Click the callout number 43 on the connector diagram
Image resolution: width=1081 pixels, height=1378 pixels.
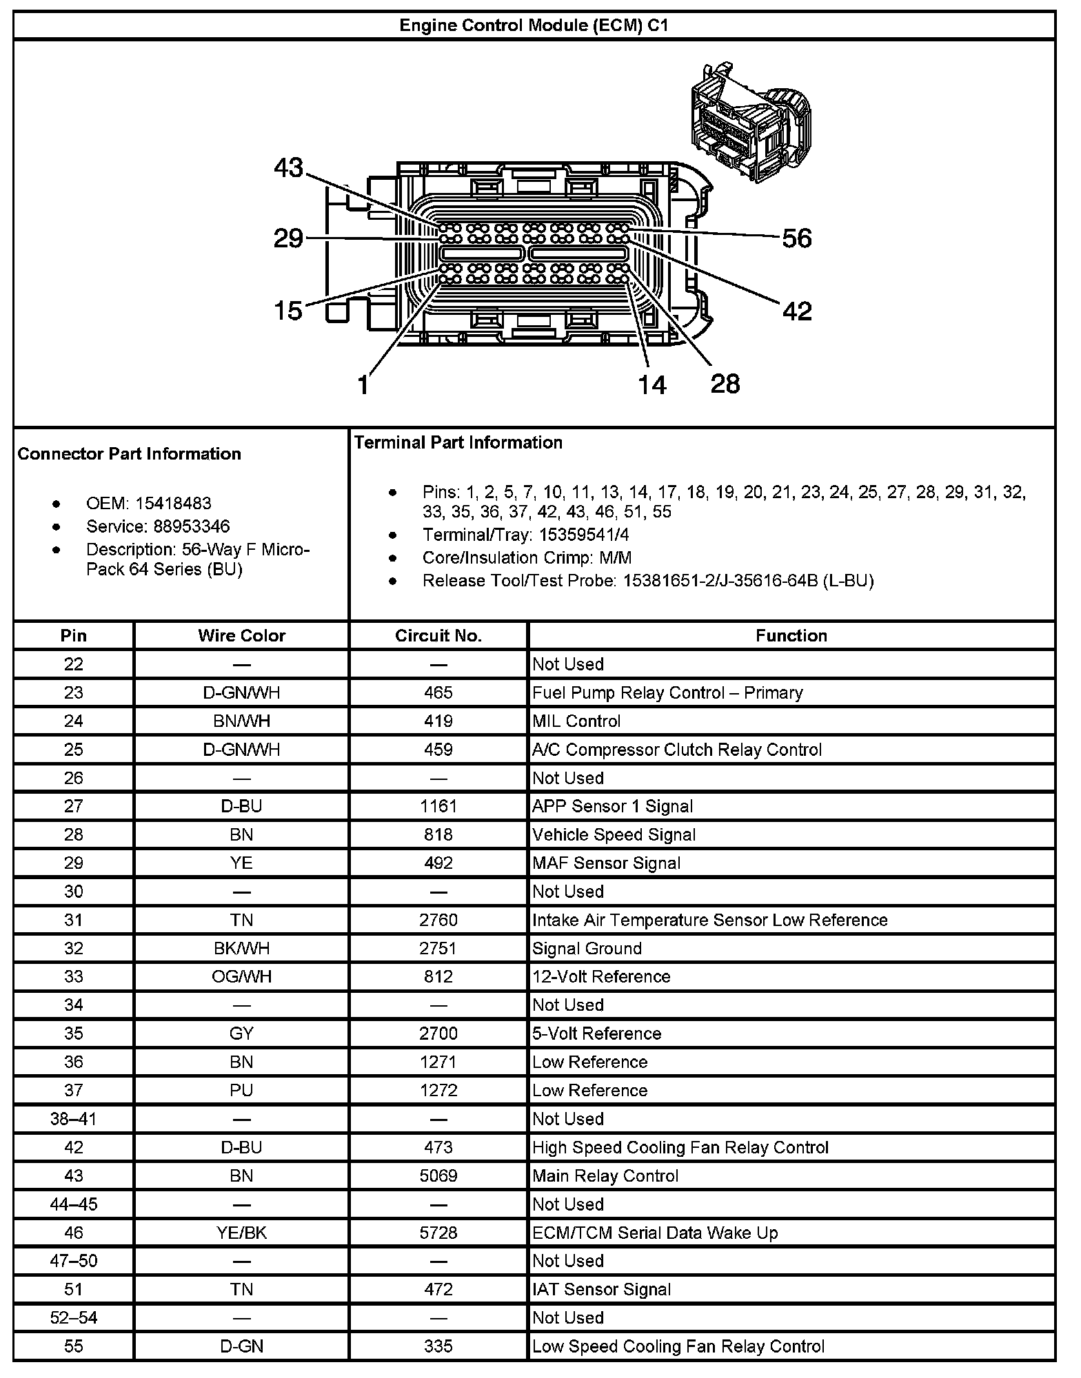tap(289, 167)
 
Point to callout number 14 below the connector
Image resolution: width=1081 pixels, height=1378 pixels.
tap(651, 384)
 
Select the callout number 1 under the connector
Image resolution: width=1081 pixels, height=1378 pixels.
tap(364, 384)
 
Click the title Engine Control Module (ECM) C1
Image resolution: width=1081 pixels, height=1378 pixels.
tap(534, 26)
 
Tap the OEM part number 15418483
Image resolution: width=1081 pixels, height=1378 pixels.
tap(173, 503)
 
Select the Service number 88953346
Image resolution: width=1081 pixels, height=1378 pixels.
tap(192, 526)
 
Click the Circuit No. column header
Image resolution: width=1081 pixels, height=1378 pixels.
tap(438, 635)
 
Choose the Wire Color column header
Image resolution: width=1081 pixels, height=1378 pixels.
tap(241, 635)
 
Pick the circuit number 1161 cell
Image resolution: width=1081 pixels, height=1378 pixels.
tap(438, 806)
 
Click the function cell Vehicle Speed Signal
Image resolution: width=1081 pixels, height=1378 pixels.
tap(614, 834)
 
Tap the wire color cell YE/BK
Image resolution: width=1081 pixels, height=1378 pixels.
tap(241, 1233)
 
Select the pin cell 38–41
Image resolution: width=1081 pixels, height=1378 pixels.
tap(74, 1119)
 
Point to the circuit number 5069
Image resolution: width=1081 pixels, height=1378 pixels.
tap(438, 1175)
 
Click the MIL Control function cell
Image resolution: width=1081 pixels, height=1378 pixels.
tap(576, 721)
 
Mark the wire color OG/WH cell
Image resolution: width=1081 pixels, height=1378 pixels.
tap(241, 976)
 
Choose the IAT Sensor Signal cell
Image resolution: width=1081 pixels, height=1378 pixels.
tap(601, 1289)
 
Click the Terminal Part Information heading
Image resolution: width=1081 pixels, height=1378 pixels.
tap(458, 442)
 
